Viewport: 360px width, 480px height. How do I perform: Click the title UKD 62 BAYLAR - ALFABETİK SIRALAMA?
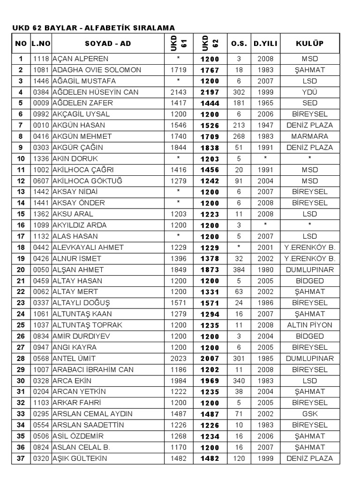[93, 28]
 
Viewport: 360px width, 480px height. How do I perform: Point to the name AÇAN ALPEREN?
[80, 59]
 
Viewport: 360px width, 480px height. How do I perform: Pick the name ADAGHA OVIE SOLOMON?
[97, 70]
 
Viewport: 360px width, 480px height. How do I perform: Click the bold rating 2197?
[210, 92]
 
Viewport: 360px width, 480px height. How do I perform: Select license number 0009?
[41, 103]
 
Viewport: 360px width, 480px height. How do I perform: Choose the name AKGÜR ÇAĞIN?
[78, 148]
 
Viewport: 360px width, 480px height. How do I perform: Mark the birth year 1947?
[265, 125]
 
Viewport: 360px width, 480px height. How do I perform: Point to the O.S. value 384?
[239, 270]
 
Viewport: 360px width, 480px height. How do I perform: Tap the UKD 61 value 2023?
[179, 358]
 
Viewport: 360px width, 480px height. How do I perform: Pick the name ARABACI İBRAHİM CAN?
[93, 369]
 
